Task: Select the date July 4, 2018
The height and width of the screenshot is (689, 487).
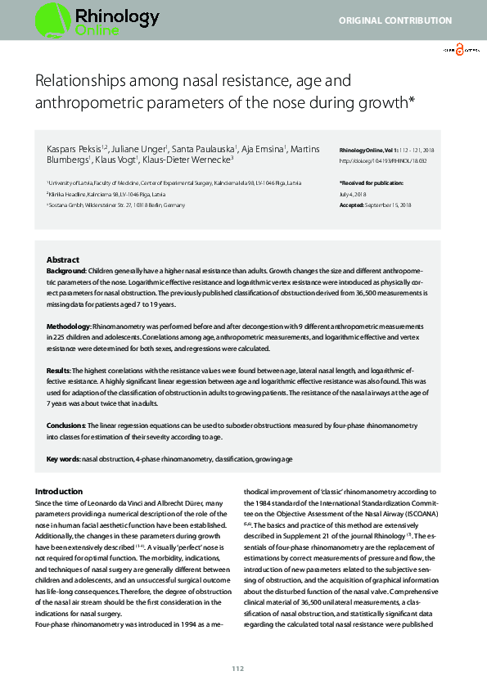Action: [354, 193]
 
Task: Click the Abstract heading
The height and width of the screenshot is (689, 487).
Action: [63, 259]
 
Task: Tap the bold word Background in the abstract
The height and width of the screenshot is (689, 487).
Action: [65, 269]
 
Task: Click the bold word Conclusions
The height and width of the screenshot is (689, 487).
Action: [67, 426]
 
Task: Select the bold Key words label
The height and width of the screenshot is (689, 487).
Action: [63, 459]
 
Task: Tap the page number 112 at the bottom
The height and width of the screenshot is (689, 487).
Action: [237, 669]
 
